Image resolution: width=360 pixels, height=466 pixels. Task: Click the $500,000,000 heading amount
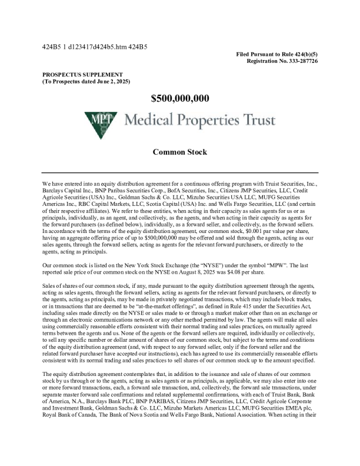click(x=180, y=98)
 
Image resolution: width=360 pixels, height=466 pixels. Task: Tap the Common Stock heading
click(x=180, y=152)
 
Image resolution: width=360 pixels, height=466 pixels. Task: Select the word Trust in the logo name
click(x=256, y=122)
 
